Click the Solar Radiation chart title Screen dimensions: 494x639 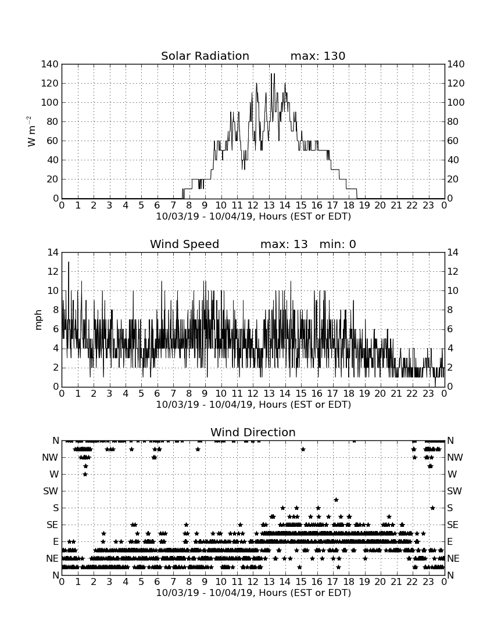(205, 56)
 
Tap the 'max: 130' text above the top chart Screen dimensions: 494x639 (318, 56)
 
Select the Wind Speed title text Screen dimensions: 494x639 (185, 244)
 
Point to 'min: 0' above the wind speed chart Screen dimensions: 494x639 (338, 244)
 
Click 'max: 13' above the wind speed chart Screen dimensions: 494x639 (284, 244)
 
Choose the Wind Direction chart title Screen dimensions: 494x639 (253, 432)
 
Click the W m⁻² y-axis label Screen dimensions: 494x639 (31, 131)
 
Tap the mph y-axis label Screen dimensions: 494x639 (38, 320)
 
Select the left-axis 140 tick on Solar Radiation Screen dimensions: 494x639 (50, 64)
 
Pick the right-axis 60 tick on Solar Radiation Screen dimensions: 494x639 (452, 141)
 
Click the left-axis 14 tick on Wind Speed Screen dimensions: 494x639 (53, 252)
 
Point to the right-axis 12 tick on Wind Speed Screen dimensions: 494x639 (452, 271)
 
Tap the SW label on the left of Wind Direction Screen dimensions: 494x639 (51, 491)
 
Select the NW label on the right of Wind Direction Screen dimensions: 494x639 (455, 457)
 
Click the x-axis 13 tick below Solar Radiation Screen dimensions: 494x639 (269, 206)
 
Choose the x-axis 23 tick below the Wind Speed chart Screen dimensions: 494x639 (428, 394)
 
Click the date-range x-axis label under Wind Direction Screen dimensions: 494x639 (253, 593)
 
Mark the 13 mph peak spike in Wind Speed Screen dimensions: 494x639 (69, 263)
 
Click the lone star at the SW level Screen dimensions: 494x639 (336, 500)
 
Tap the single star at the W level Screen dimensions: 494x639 (85, 474)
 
